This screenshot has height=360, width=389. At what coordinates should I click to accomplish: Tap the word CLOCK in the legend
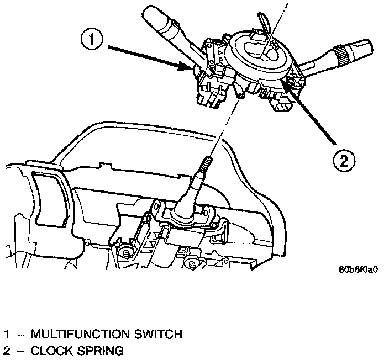(x=49, y=350)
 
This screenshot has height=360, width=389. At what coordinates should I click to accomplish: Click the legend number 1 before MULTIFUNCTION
(x=7, y=334)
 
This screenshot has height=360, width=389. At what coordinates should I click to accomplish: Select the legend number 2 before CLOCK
(x=7, y=350)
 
